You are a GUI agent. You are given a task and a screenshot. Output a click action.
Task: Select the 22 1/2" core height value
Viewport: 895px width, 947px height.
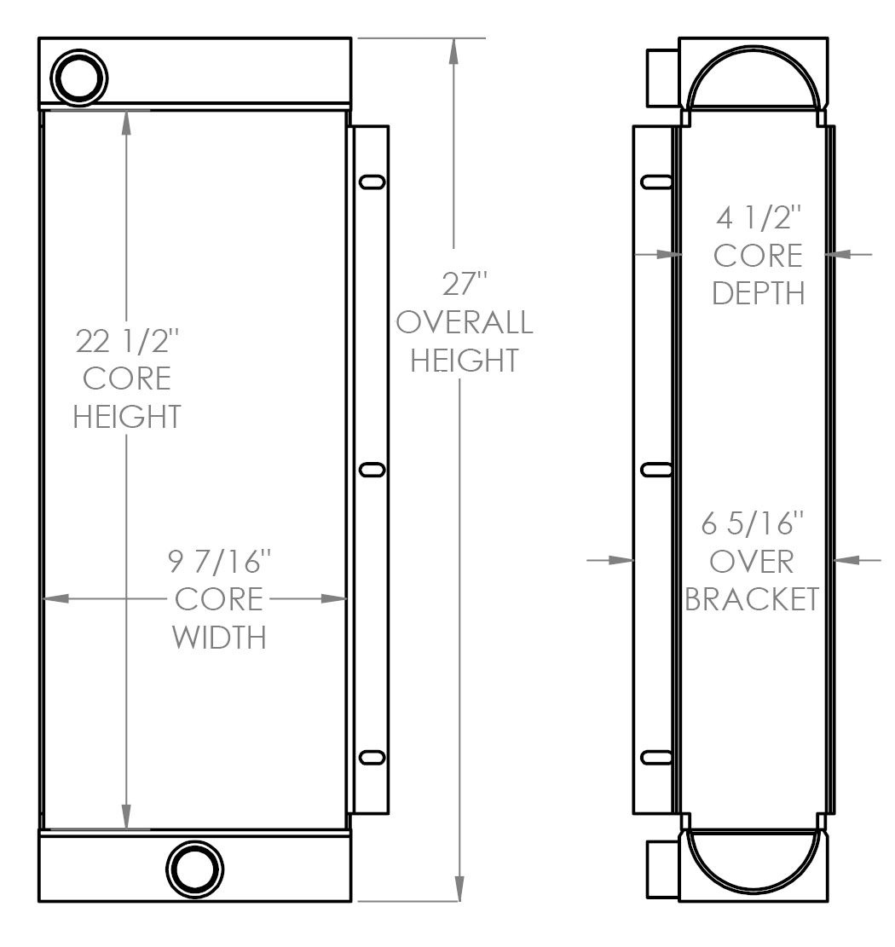pos(128,342)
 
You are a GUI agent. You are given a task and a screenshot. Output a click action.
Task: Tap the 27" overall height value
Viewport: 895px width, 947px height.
pos(464,283)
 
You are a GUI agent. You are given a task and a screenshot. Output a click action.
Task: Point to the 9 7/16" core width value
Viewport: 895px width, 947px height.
pos(219,562)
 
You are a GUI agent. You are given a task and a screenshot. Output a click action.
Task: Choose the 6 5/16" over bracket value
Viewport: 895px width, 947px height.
pos(752,525)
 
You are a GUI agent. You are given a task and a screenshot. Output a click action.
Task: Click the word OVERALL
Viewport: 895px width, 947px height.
pos(465,322)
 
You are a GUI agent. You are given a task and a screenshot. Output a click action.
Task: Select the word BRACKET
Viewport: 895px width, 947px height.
pos(752,599)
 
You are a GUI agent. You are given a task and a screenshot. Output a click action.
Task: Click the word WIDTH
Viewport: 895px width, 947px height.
pos(219,637)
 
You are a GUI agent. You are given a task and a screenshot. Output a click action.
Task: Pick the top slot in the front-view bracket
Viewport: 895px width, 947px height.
pos(372,182)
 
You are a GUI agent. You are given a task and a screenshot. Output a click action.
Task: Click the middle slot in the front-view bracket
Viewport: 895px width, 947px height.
pos(372,470)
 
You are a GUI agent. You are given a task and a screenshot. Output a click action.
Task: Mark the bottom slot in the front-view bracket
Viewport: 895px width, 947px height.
pos(372,758)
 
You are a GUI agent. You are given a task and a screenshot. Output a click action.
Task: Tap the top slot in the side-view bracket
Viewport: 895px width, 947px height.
pos(656,182)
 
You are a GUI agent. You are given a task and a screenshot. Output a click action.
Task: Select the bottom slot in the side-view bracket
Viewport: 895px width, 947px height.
pos(656,758)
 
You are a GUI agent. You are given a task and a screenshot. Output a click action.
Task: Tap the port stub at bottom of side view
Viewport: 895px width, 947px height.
pos(662,869)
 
